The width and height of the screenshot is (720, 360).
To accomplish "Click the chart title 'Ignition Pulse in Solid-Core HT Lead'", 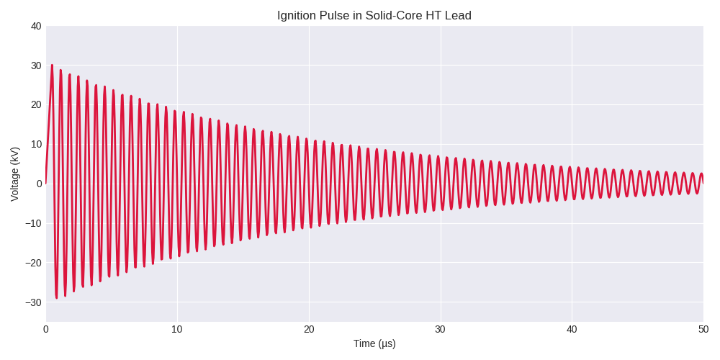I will coord(374,16).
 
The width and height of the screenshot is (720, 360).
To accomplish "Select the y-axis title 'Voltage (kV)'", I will coord(15,174).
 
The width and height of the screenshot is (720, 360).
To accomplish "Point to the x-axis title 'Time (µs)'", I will coord(374,343).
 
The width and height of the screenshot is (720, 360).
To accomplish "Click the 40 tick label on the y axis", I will coord(36,26).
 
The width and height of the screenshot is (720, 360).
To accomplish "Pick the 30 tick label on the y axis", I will coord(36,66).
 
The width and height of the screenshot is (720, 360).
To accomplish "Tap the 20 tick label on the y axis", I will coord(36,104).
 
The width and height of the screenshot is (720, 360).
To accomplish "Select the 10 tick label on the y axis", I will coord(36,144).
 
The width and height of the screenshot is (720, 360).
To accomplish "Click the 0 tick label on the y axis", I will coord(39,184).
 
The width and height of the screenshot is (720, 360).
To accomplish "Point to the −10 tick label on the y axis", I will coord(33,223).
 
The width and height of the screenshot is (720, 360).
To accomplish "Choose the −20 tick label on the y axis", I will coord(33,263).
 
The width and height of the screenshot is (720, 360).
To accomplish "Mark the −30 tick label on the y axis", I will coord(33,302).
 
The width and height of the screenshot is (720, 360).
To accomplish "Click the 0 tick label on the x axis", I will coord(46,329).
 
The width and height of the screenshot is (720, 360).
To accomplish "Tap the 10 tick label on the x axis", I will coord(177,329).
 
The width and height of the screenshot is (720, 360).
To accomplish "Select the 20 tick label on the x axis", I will coord(309,329).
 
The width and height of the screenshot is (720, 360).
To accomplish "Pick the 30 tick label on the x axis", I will coord(440,329).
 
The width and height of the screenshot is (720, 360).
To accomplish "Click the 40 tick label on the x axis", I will coord(572,329).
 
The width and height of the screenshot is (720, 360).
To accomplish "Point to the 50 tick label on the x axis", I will coord(703,329).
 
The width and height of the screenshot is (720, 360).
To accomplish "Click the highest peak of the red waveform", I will coord(52,66).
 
